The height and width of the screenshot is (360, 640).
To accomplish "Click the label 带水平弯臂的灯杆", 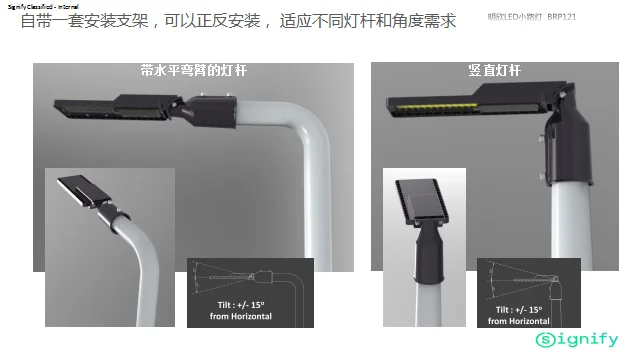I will tap(193, 72).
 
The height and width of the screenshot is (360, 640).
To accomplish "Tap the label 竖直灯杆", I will tap(495, 72).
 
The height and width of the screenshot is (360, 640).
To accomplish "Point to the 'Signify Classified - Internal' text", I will tap(41, 6).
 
